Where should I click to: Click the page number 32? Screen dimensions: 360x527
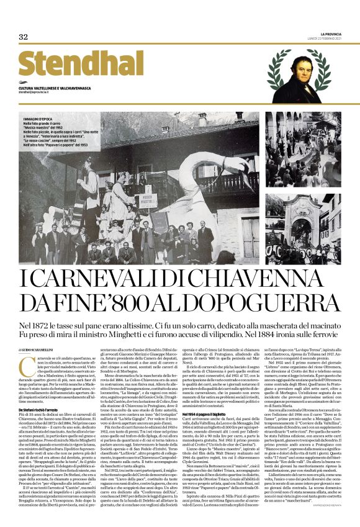tap(24, 37)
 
